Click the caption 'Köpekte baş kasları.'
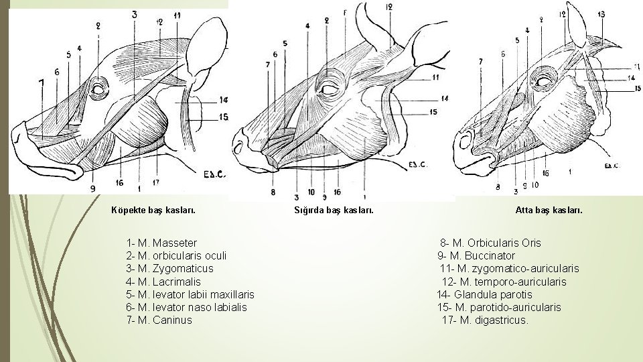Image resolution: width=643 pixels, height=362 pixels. (153, 210)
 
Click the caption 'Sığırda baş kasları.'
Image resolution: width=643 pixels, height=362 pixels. (334, 210)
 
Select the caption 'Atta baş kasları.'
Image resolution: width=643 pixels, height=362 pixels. (549, 210)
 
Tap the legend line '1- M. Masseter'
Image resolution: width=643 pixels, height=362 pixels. (161, 243)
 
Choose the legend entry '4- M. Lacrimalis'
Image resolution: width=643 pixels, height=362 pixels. (163, 282)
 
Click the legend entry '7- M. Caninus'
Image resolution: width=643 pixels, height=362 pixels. (159, 320)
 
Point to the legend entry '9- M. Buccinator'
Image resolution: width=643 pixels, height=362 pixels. (476, 255)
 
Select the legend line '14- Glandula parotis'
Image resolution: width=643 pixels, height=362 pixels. (484, 294)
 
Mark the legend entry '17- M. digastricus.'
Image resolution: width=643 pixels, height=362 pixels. (485, 320)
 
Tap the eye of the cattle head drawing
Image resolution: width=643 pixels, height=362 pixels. (329, 89)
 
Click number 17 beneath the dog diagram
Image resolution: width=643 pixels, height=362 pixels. (155, 181)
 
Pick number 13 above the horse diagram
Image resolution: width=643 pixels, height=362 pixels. (601, 14)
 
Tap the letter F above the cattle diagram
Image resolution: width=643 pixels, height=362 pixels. (344, 13)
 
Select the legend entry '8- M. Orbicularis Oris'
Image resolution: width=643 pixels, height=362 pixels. (490, 243)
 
